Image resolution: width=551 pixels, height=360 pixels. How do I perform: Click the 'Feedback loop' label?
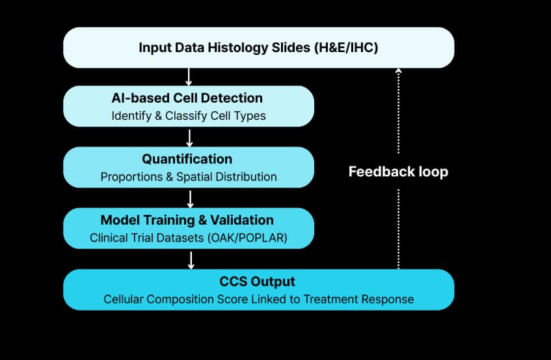pyautogui.click(x=398, y=173)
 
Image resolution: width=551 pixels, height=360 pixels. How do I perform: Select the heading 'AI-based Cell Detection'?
pyautogui.click(x=187, y=98)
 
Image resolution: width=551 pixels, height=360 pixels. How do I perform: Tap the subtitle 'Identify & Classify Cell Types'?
pyautogui.click(x=188, y=116)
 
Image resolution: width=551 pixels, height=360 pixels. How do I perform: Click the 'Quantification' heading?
pyautogui.click(x=187, y=159)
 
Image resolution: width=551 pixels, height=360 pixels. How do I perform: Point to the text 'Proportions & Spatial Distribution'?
pyautogui.click(x=189, y=177)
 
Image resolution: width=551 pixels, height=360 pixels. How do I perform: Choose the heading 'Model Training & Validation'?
pyautogui.click(x=187, y=220)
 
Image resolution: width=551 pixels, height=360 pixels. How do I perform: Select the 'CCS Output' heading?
pyautogui.click(x=257, y=282)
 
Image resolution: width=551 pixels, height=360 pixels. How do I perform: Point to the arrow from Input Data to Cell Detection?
pyautogui.click(x=189, y=77)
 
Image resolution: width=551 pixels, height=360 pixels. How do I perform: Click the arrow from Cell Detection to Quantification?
pyautogui.click(x=189, y=137)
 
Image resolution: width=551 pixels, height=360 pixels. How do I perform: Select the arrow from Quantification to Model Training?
pyautogui.click(x=189, y=199)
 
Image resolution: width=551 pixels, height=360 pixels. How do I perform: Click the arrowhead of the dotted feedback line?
pyautogui.click(x=398, y=70)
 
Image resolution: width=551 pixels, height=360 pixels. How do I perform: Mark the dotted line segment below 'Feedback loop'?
pyautogui.click(x=398, y=228)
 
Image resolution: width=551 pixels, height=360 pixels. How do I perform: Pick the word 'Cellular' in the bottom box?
pyautogui.click(x=124, y=299)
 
